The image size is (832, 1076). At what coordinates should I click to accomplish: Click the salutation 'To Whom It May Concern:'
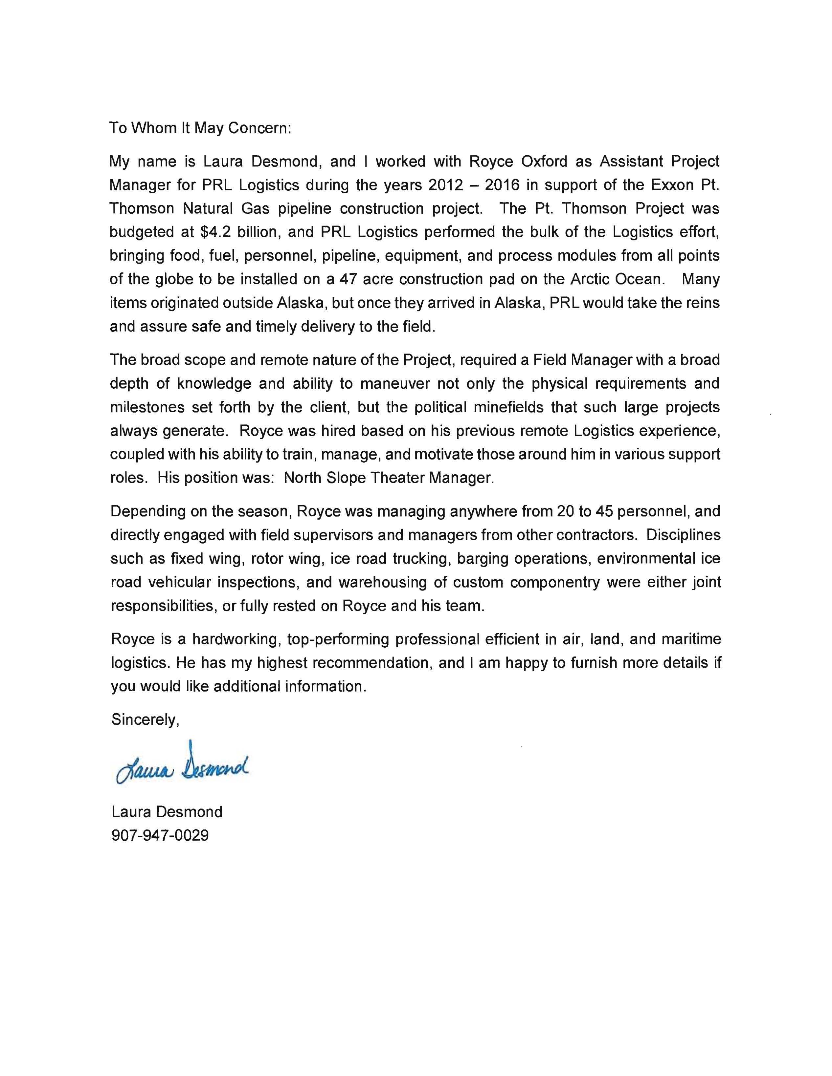[200, 128]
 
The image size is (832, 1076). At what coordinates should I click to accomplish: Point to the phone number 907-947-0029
[160, 836]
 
